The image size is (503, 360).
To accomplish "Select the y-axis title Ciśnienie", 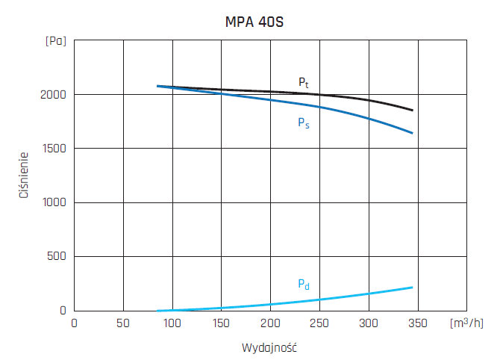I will (x=24, y=176).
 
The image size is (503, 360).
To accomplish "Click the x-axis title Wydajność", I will (x=269, y=348).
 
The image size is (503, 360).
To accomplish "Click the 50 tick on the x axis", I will (x=123, y=323).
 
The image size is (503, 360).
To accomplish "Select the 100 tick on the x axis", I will (x=172, y=323).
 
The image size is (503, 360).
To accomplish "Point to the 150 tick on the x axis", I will (x=222, y=323).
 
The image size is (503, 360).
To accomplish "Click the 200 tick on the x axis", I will (x=271, y=323).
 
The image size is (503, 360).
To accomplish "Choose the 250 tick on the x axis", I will (x=320, y=323).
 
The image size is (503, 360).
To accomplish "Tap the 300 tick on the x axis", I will (x=369, y=323).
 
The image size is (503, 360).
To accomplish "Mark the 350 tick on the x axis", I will (x=419, y=323).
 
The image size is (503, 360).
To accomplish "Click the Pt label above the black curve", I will (x=304, y=82).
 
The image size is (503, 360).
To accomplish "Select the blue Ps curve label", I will (x=304, y=123).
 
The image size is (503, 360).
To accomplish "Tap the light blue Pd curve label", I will (x=304, y=285).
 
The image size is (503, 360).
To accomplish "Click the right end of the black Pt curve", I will (x=412, y=111).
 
